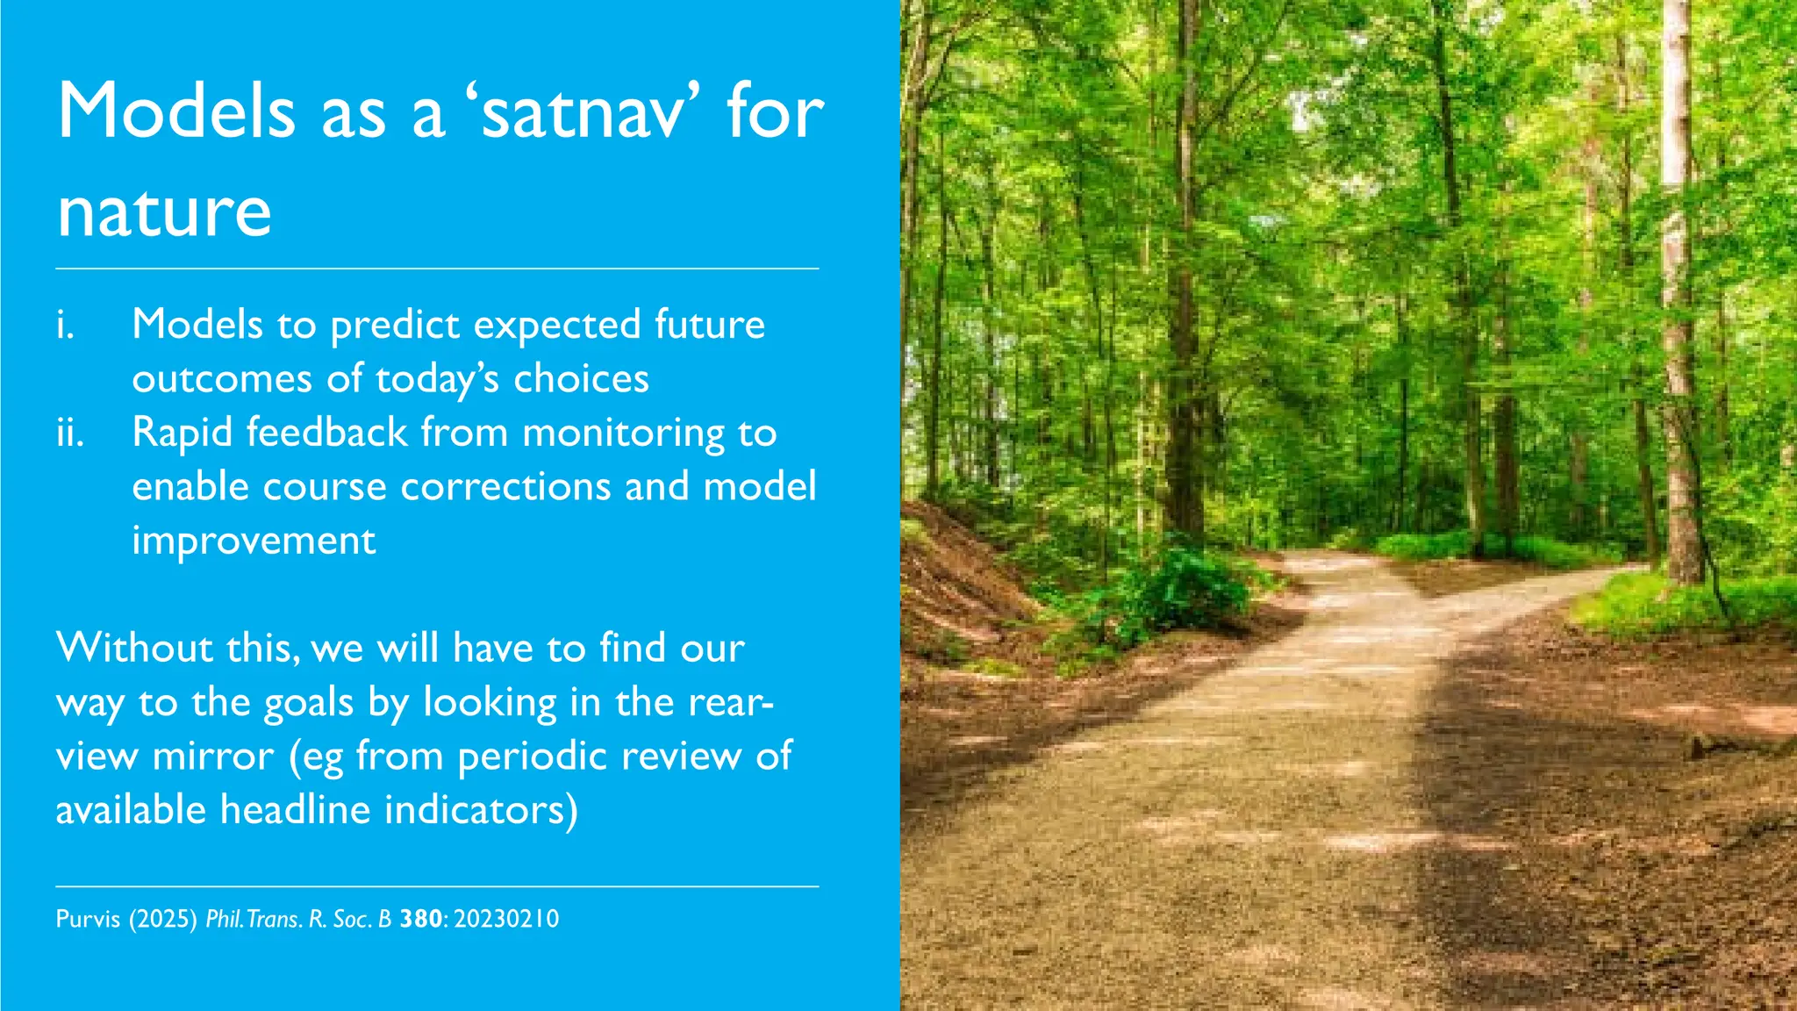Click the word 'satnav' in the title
582,112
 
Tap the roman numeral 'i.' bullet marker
66,325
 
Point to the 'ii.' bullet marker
70,433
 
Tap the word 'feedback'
326,433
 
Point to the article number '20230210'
506,920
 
